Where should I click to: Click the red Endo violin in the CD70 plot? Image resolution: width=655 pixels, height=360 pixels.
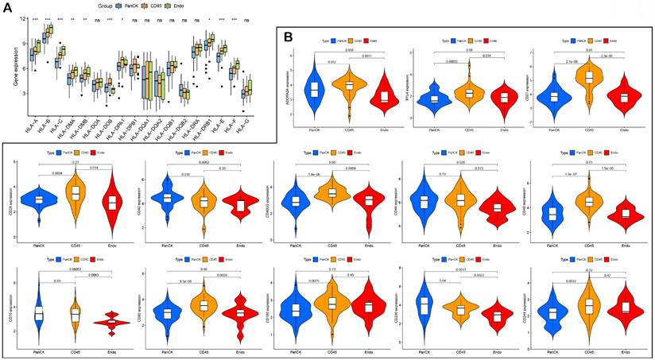pos(104,323)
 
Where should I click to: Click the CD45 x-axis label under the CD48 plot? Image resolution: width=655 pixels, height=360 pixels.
pos(588,242)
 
